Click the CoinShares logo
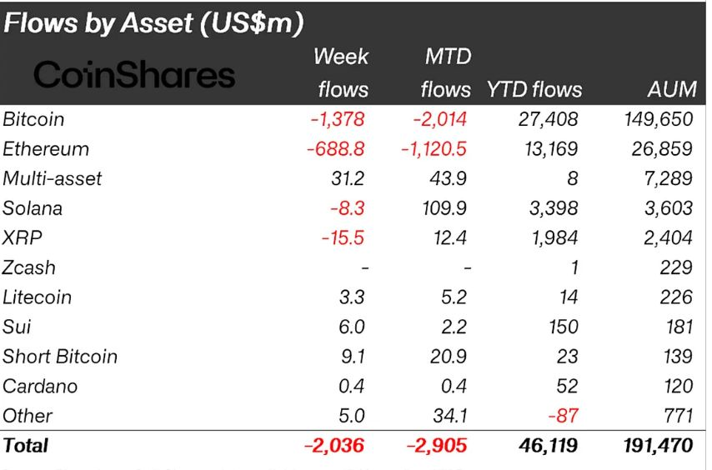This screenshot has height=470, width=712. (134, 75)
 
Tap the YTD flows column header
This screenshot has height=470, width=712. (534, 89)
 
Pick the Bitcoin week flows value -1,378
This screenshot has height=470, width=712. (338, 119)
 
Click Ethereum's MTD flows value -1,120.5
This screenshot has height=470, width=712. (431, 149)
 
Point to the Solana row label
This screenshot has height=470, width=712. (33, 208)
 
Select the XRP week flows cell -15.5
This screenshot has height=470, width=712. (344, 238)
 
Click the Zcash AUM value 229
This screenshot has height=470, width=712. (675, 267)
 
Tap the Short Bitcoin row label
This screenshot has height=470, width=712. (60, 357)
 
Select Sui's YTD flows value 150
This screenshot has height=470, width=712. (564, 327)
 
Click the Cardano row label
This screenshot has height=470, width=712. (40, 387)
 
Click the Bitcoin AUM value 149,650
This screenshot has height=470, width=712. (658, 119)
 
